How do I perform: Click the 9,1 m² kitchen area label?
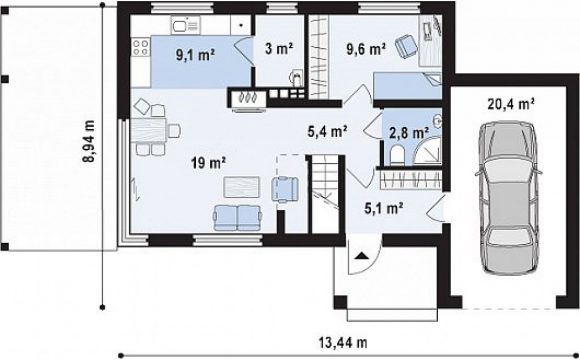195,55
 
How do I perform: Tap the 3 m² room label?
279,48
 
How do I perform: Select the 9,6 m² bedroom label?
366,48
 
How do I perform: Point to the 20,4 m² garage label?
511,104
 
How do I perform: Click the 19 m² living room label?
209,162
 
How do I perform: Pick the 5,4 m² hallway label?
327,131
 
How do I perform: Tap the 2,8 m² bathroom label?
409,132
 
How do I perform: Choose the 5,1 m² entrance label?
384,209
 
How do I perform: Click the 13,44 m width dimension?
343,342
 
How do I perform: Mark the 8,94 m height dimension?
89,141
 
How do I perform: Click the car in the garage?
509,198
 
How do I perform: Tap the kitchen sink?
185,25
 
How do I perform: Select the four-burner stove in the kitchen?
141,48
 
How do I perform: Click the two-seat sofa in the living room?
237,218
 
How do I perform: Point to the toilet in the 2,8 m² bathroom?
397,155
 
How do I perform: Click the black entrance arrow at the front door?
361,255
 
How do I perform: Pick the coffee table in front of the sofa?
242,187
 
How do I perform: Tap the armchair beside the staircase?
285,189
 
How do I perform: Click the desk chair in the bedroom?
406,46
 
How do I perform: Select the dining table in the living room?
148,130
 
